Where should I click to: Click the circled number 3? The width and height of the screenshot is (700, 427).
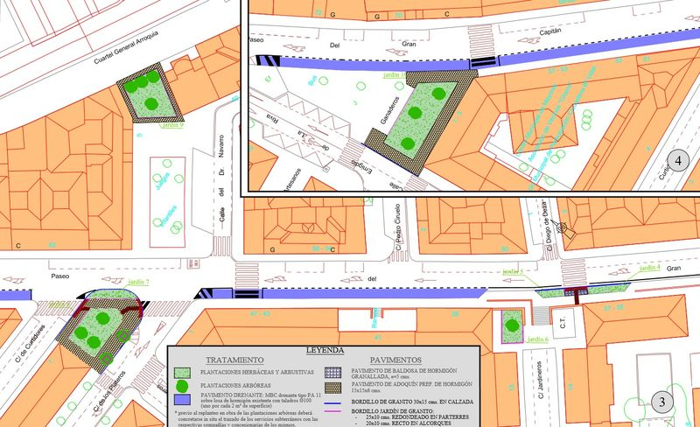pos(663,403)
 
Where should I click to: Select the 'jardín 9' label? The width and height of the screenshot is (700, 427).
pos(171,125)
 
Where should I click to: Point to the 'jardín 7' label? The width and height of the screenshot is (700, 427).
pos(139,283)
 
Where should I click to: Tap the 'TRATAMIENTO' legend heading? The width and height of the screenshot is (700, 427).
pos(234,360)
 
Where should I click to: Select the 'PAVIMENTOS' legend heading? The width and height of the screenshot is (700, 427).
pos(395,360)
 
